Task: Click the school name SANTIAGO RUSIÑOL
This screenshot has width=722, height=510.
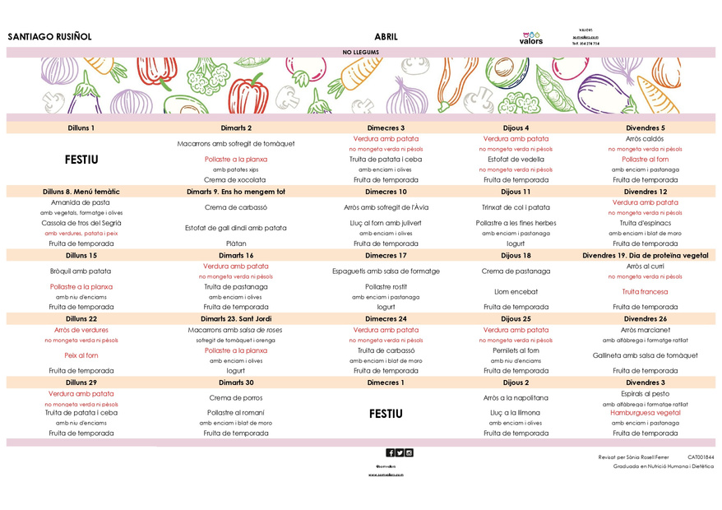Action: pos(49,37)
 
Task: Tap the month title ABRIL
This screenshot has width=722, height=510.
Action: pos(386,37)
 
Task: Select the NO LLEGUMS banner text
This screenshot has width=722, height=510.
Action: pos(359,52)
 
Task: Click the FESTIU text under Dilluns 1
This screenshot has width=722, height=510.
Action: pos(81,160)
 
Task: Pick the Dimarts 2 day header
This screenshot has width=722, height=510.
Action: pos(236,128)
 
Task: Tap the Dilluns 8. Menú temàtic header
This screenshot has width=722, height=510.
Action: pos(81,192)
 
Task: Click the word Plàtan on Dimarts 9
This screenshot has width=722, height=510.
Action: pos(236,243)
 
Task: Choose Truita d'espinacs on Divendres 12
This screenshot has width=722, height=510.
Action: pos(646,223)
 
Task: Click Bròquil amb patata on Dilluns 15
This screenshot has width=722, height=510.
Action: pos(81,271)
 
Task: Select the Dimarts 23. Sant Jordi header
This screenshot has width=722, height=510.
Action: pos(236,319)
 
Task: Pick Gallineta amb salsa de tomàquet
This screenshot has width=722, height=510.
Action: pos(646,355)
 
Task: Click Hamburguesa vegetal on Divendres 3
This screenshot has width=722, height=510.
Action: pos(646,413)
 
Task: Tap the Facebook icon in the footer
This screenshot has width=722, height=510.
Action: pos(390,452)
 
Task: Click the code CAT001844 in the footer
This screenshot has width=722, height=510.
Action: pos(701,457)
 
